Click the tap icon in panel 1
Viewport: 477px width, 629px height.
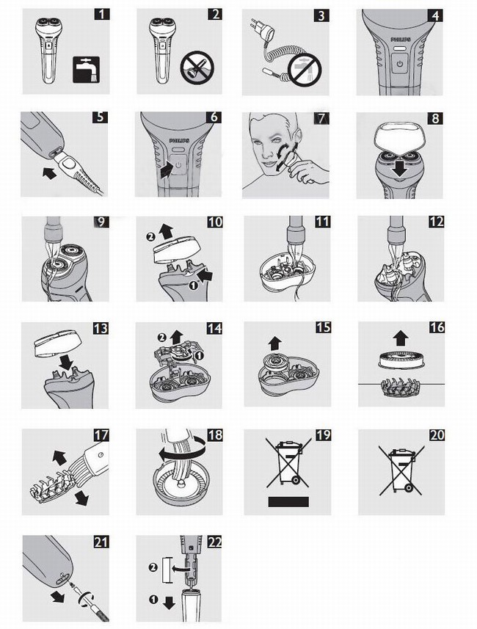tap(86, 70)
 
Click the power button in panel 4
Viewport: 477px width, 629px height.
tap(399, 64)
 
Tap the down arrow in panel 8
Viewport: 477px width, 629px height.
tap(401, 170)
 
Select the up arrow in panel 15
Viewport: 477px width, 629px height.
tap(274, 343)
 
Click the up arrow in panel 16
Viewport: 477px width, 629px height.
tap(401, 338)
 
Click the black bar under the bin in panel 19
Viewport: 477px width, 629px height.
tap(288, 502)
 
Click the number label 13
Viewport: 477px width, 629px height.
tap(101, 328)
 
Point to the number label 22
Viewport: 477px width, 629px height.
tap(214, 542)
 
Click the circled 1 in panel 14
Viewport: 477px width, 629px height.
tap(200, 355)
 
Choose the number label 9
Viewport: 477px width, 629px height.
tap(101, 222)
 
